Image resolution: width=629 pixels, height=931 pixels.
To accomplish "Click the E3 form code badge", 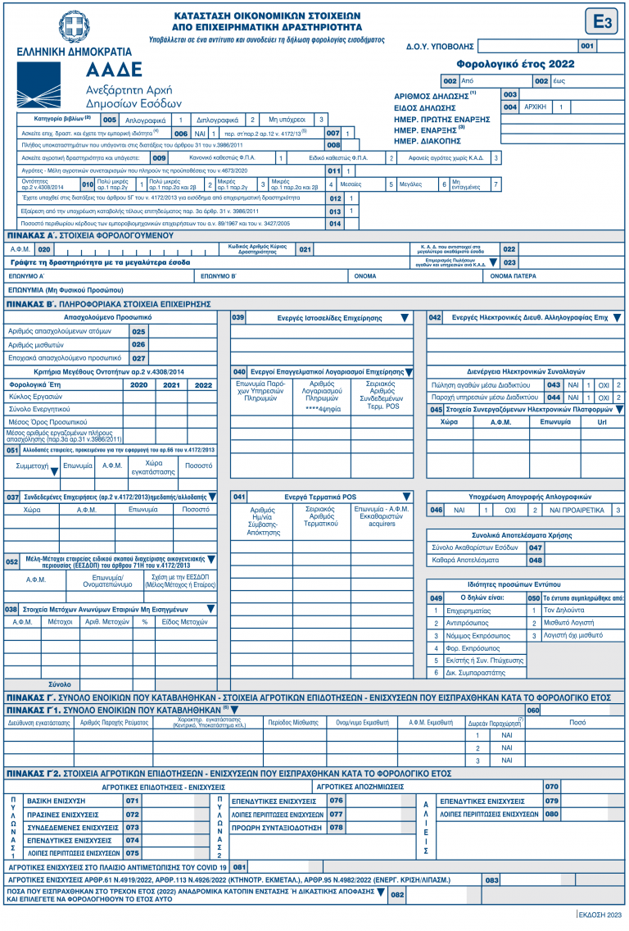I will [601, 22].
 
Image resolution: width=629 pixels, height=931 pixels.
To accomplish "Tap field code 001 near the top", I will [587, 46].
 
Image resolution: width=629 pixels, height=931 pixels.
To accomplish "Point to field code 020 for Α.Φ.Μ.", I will [44, 248].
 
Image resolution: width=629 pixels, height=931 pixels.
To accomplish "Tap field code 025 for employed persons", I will [138, 331].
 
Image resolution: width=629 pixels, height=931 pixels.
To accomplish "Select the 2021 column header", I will [171, 384].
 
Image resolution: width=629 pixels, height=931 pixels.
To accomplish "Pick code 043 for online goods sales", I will [554, 384].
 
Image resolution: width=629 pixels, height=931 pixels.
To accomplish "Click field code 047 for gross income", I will [535, 547].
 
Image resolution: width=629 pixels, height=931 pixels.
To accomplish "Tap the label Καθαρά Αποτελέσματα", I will [465, 561].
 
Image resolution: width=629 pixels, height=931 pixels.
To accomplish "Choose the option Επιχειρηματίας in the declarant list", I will [467, 611].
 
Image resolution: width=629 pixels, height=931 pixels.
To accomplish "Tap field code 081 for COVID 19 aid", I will [239, 866].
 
